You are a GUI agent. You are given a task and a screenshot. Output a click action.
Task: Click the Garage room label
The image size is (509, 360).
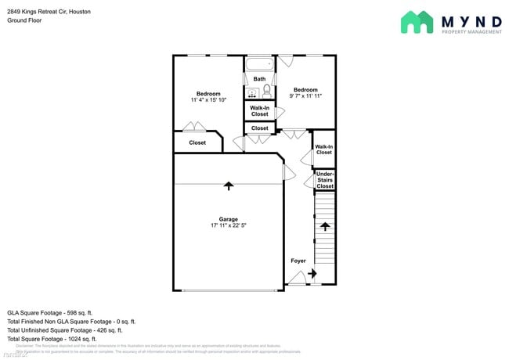(x=228, y=219)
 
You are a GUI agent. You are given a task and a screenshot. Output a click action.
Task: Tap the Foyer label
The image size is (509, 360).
(x=298, y=261)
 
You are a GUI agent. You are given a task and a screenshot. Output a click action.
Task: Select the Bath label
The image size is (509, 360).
(x=259, y=79)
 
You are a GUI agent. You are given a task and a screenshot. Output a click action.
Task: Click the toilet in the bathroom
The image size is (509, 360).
(x=266, y=92)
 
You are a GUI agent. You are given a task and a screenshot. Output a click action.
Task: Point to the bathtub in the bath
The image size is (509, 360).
(x=259, y=63)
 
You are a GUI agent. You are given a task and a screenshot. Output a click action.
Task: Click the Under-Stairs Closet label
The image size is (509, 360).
(x=324, y=180)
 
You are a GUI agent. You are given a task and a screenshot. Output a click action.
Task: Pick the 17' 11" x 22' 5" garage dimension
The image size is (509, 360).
(x=228, y=226)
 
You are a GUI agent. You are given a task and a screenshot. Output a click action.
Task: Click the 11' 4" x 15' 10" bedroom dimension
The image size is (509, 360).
(x=208, y=100)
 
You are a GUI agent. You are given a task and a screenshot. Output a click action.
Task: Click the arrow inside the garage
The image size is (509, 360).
(x=229, y=186)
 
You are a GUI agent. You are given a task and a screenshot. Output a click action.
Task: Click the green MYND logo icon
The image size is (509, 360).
(x=417, y=23)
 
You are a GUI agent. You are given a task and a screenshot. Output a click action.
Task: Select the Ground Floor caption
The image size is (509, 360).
(x=26, y=20)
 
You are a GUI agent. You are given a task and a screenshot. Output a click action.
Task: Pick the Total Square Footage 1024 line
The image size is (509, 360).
(x=52, y=339)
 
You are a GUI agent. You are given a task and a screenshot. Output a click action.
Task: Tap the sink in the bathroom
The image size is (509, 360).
(x=252, y=93)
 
